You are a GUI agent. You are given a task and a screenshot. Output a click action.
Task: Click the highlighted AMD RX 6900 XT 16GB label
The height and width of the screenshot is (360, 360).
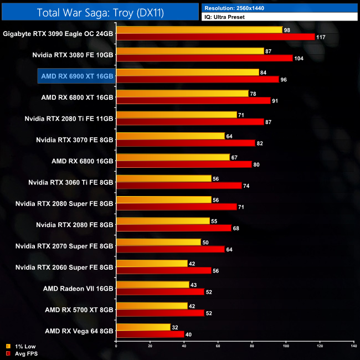(76, 75)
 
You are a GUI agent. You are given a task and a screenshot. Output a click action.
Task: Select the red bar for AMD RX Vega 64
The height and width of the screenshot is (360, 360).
(150, 334)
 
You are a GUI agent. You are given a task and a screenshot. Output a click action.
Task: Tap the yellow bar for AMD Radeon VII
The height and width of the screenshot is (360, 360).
(153, 285)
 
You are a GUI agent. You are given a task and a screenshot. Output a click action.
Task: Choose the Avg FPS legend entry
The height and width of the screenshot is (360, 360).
(22, 353)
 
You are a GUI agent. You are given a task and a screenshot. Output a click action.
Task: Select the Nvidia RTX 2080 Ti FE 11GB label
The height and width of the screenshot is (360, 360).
(69, 118)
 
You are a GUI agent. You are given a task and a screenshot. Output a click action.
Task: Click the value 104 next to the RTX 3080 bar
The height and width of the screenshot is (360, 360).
(300, 58)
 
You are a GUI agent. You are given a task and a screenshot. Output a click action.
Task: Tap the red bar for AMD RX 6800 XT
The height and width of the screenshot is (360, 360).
(193, 101)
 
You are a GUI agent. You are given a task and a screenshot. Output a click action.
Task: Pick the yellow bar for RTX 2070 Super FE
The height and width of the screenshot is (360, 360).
(158, 242)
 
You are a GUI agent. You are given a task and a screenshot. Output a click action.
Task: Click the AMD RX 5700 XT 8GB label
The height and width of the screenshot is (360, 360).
(79, 310)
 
